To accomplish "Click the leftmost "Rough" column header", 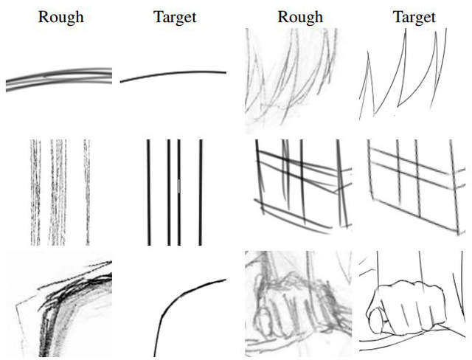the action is click(60, 17).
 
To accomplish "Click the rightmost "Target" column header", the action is click(414, 18).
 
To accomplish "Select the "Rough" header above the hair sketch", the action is click(300, 17).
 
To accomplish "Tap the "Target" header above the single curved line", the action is click(176, 18).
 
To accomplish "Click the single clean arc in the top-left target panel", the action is click(173, 73).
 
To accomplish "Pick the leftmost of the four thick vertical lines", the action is click(149, 193).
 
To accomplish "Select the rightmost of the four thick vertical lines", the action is click(201, 193).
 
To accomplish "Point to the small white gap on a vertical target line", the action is click(179, 186).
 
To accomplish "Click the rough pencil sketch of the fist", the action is click(298, 304).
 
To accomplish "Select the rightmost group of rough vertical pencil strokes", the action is click(87, 193).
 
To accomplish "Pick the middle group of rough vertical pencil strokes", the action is click(58, 193).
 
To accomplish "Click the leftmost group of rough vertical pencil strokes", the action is click(35, 193).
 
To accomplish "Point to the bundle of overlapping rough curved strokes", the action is click(59, 79).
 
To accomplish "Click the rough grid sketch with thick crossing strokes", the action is click(303, 187).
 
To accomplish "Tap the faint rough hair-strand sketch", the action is click(291, 80).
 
